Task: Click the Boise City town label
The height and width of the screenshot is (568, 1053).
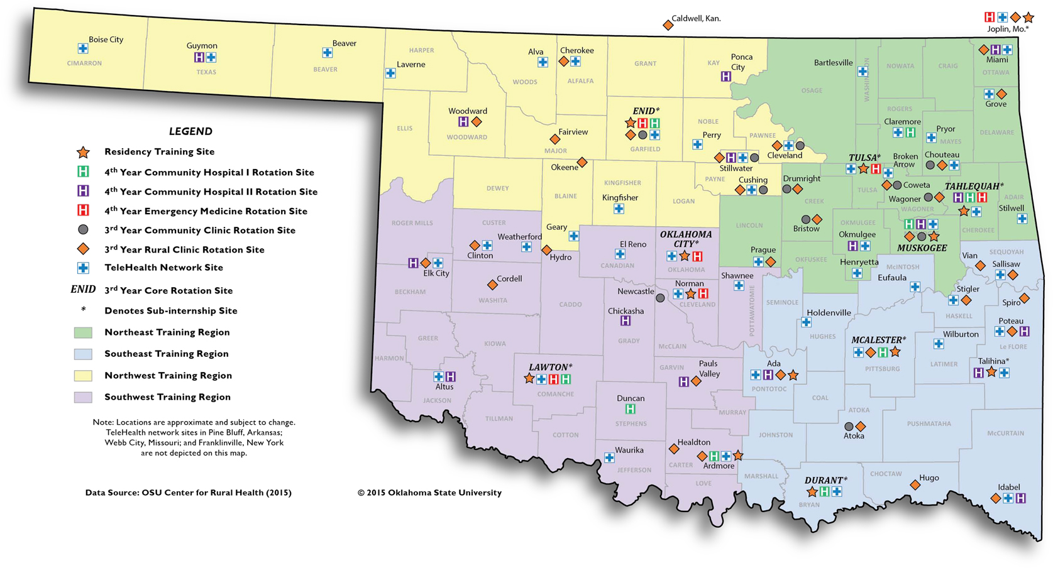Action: click(106, 40)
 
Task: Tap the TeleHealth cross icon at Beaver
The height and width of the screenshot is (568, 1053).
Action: click(327, 53)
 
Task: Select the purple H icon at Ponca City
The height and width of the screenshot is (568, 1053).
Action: click(725, 77)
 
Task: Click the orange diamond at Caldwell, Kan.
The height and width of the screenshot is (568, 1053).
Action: click(668, 25)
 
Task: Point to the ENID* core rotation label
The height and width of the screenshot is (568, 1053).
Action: click(646, 111)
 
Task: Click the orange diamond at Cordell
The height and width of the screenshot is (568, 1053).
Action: click(492, 285)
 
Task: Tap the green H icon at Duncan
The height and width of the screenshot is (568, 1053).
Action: click(630, 409)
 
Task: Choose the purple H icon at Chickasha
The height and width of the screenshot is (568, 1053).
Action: click(625, 321)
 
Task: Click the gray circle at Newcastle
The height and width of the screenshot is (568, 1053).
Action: click(660, 298)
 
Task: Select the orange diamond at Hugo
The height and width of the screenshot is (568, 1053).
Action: click(915, 485)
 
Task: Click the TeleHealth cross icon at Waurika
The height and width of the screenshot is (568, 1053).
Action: click(609, 458)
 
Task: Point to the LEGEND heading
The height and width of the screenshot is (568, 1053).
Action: click(190, 131)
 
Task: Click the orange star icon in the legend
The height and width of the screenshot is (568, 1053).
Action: click(83, 152)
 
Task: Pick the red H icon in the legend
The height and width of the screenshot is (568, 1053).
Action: click(83, 210)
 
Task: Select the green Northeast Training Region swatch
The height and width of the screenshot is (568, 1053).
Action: click(83, 332)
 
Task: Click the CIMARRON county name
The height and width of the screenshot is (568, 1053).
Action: click(84, 63)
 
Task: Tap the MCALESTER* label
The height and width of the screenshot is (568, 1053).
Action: click(878, 340)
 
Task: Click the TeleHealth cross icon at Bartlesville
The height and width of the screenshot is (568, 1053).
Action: click(863, 72)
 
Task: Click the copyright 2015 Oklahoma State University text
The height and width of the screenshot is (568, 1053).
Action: click(429, 493)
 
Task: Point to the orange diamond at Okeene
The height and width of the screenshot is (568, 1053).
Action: click(582, 163)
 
